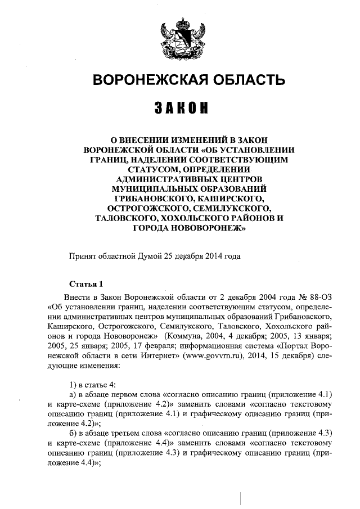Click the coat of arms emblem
click(180, 36)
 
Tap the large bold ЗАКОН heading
click(180, 108)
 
